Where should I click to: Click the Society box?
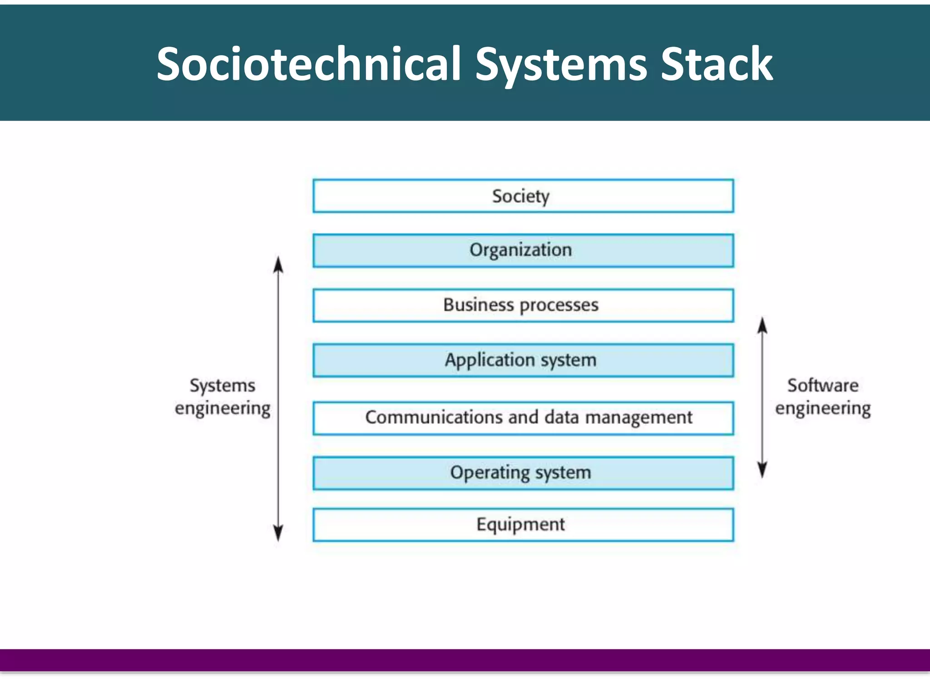tap(523, 196)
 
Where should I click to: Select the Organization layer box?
tap(523, 250)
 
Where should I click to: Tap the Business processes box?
tap(523, 305)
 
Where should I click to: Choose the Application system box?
tap(523, 360)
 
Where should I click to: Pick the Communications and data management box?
tap(523, 418)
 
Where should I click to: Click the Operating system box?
tap(523, 473)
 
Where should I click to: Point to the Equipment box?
tap(523, 525)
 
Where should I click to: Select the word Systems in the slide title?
tap(561, 64)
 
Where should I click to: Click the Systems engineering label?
tap(223, 397)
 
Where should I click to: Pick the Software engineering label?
tap(823, 397)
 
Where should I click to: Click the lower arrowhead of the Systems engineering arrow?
tap(278, 533)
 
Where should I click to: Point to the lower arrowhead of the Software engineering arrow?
tap(762, 470)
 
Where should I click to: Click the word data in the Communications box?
tap(561, 417)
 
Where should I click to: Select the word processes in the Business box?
tap(559, 305)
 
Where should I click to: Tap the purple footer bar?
tap(465, 660)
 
